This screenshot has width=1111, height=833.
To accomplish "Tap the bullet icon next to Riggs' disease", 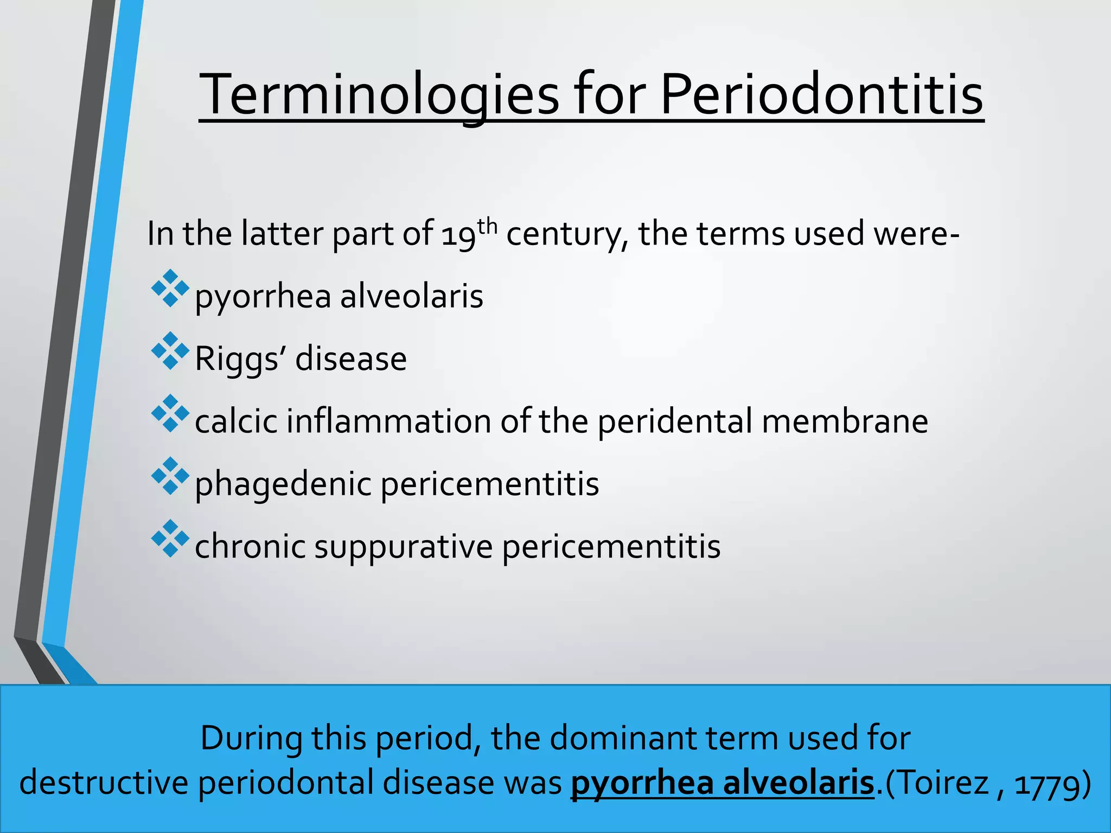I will (170, 351).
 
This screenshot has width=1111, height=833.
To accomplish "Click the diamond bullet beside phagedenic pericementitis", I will (170, 476).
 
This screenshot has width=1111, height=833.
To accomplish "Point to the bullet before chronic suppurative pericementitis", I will (170, 539).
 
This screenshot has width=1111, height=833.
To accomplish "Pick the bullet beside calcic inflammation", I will (170, 413).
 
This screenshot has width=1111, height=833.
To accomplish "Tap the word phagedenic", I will (283, 484).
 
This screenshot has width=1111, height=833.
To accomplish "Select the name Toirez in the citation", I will (937, 783).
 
